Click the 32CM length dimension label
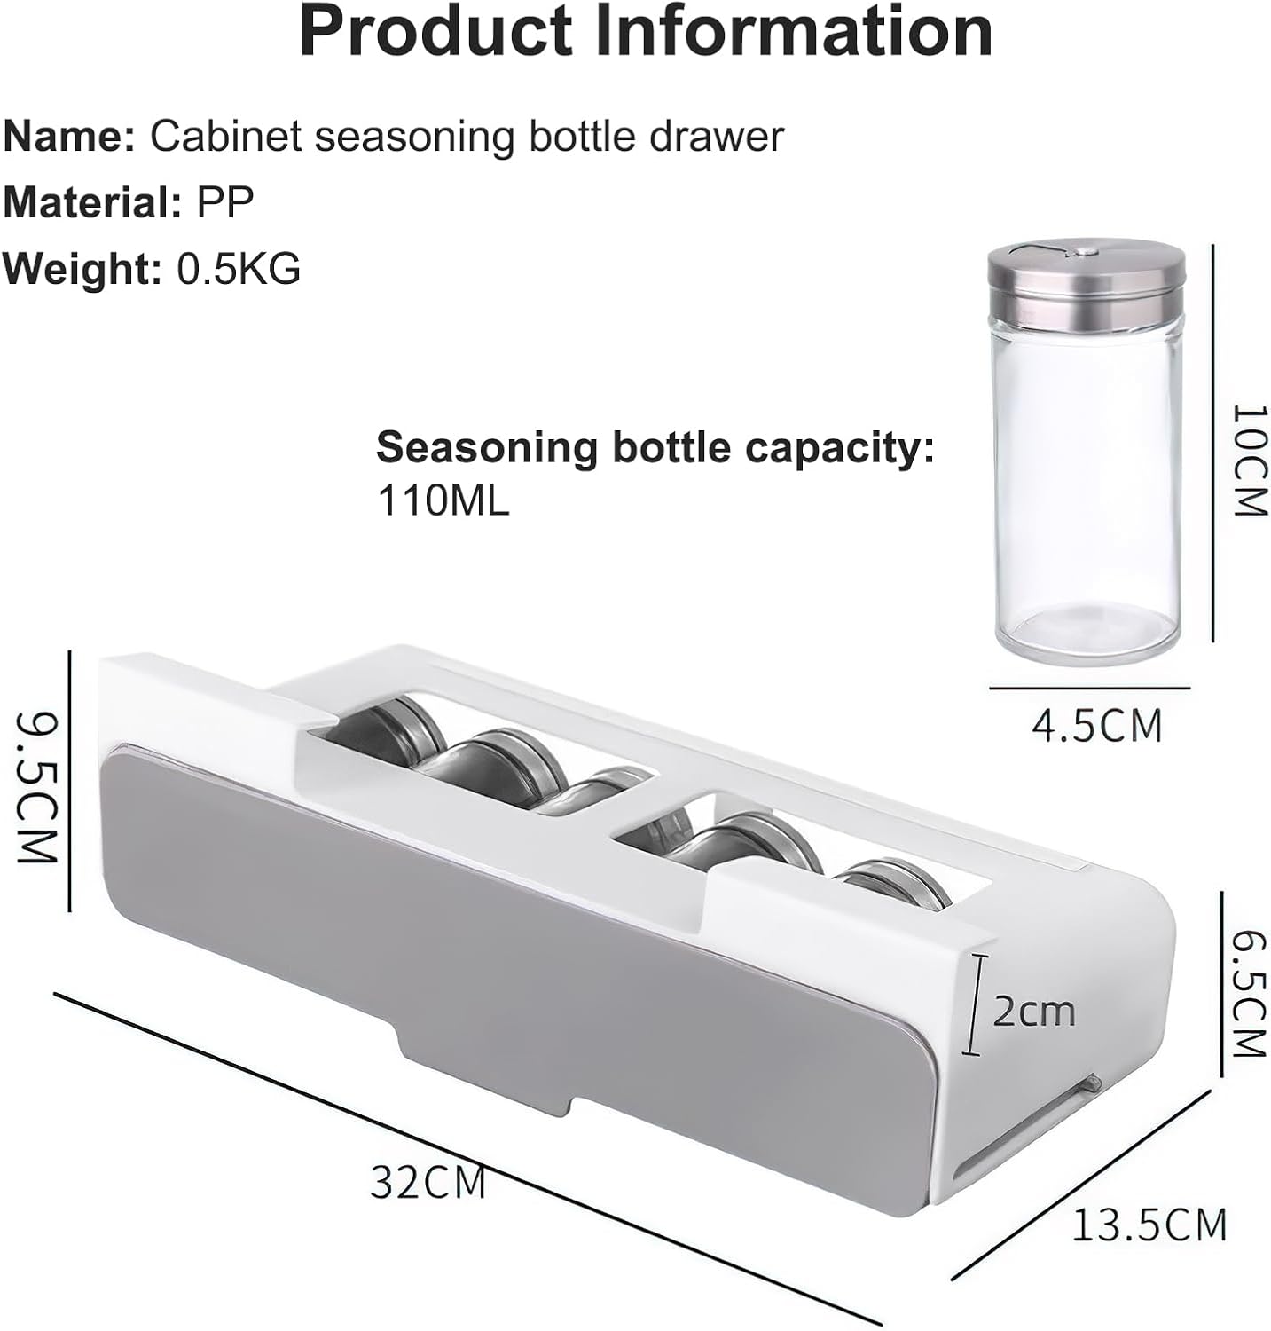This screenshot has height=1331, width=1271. [428, 1182]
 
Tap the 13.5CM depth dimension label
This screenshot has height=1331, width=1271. [1149, 1225]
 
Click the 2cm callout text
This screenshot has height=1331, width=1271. [1033, 1011]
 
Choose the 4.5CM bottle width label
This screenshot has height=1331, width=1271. [1096, 726]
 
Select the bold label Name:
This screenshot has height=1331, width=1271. [69, 137]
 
